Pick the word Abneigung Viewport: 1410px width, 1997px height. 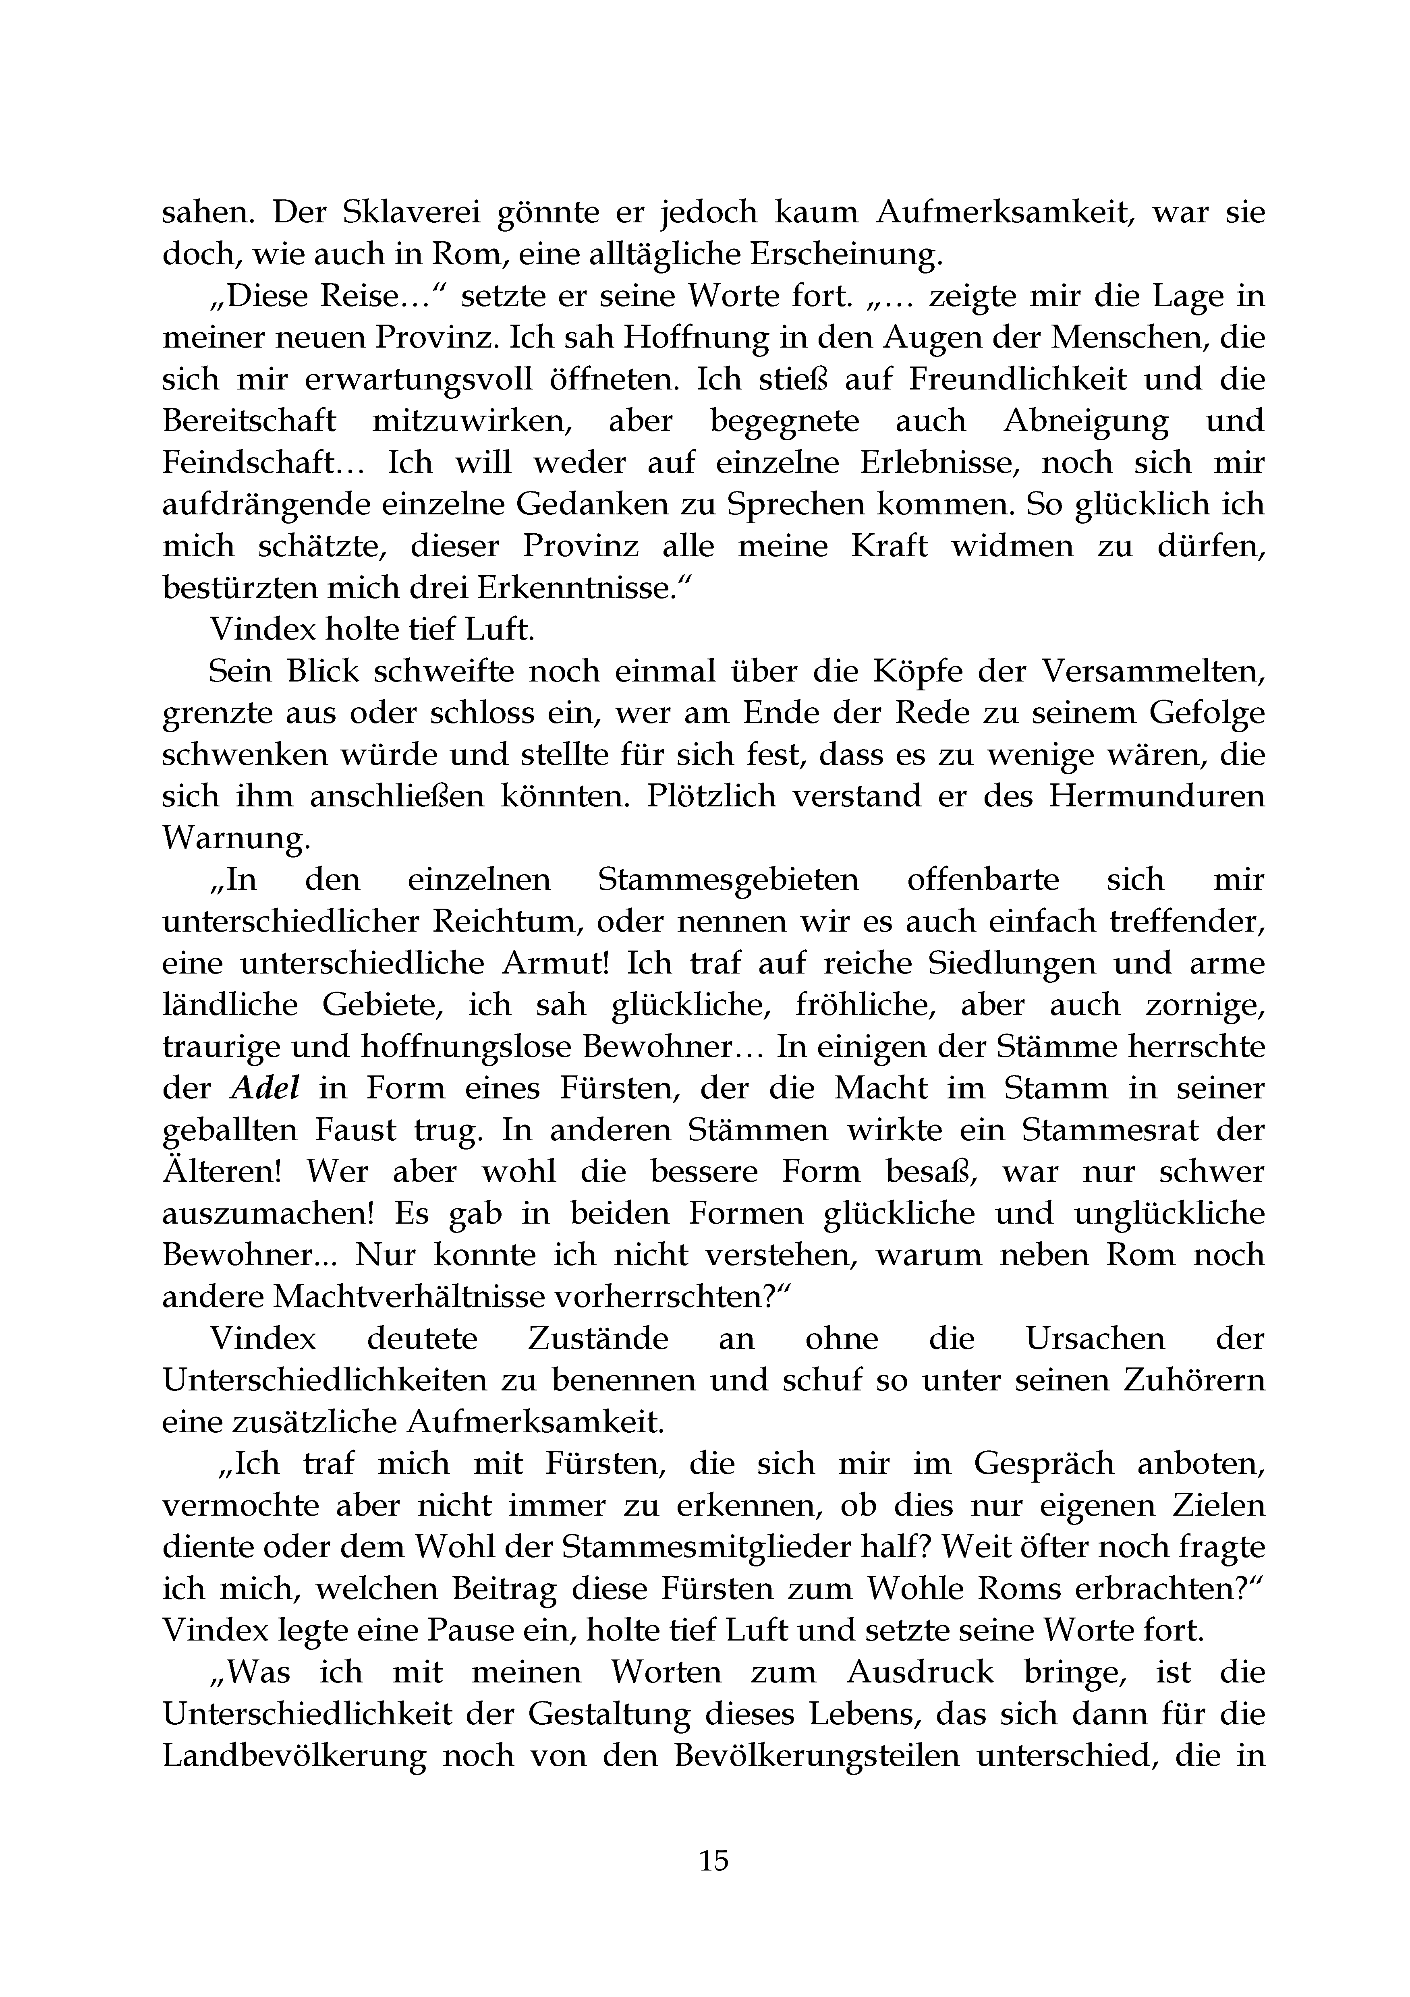tap(1086, 421)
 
